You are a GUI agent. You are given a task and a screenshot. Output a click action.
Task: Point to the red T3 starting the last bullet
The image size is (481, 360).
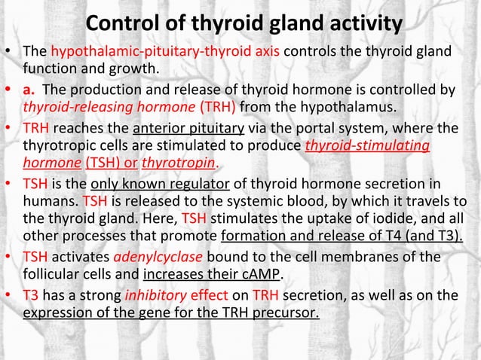[33, 294]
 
